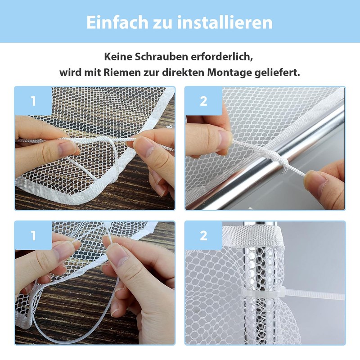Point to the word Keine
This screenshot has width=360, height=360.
point(117,57)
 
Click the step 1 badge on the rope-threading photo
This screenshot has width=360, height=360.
point(33,101)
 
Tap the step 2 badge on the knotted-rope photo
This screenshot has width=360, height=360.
point(203,101)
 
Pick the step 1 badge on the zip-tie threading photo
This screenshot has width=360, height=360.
point(33,235)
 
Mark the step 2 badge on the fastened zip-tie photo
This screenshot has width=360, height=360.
point(203,235)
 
